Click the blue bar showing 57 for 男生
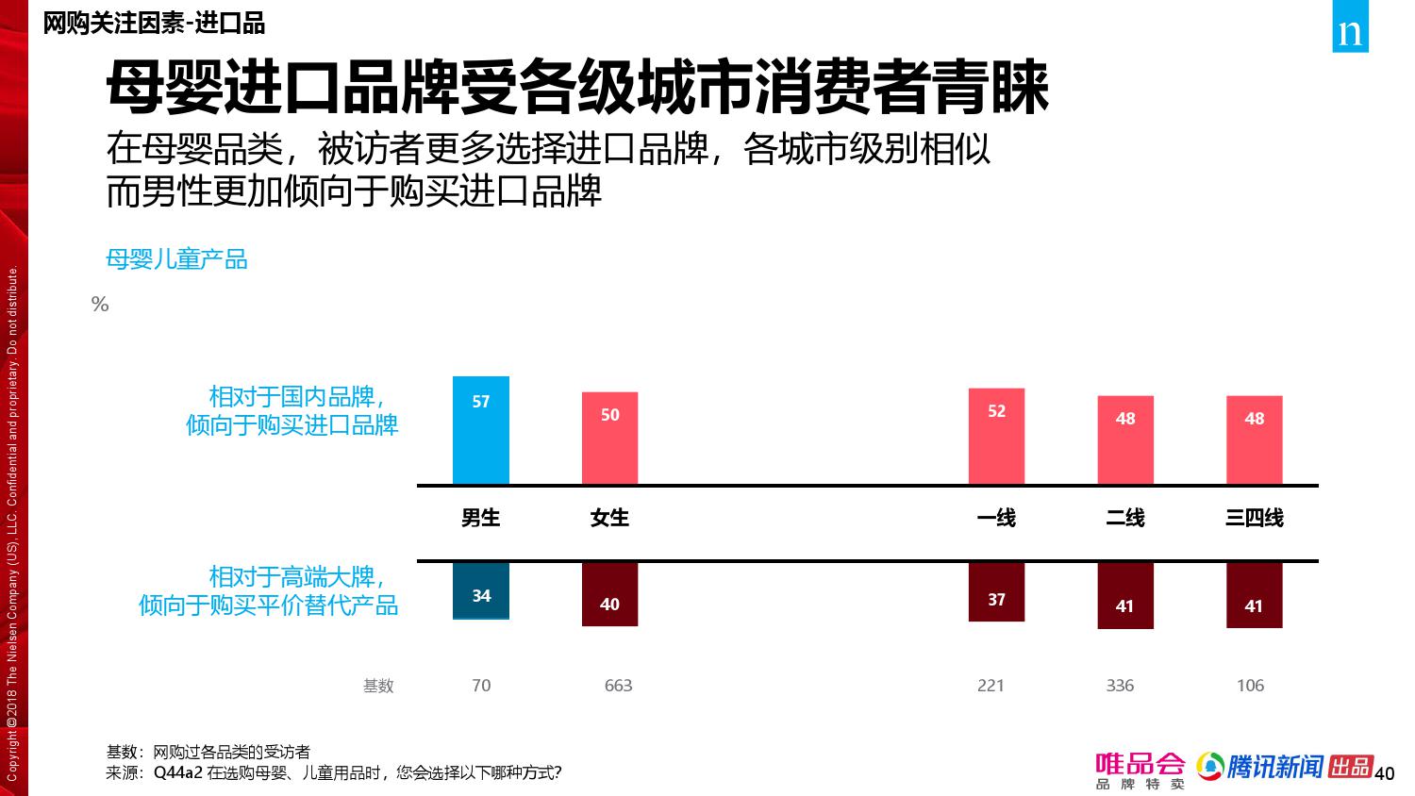coord(480,430)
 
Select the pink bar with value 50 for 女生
coord(609,438)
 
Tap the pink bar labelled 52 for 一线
coord(996,436)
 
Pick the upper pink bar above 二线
coord(1124,439)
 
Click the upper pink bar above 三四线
coord(1254,439)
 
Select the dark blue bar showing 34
coord(480,591)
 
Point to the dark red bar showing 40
coord(609,594)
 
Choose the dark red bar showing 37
coord(996,592)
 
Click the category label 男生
coord(480,518)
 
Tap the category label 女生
coord(609,518)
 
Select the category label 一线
coord(996,518)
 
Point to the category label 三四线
coord(1254,518)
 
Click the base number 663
coord(618,686)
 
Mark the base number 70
coord(481,686)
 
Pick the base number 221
coord(990,686)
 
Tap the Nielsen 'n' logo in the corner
coord(1350,31)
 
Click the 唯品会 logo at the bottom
coord(1140,770)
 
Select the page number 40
coord(1384,774)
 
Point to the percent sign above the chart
coord(100,305)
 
